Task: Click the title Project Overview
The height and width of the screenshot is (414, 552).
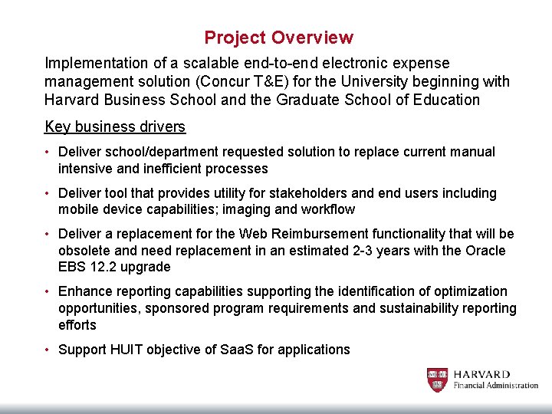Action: point(279,38)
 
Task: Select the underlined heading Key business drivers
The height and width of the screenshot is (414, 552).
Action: point(115,127)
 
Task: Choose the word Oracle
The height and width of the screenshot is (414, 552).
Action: point(484,251)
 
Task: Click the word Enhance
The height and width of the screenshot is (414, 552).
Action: point(86,291)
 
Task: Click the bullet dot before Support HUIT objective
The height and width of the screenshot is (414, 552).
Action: point(48,350)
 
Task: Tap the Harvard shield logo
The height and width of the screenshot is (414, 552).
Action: point(437,379)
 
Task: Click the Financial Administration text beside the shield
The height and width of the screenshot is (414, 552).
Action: point(495,385)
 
